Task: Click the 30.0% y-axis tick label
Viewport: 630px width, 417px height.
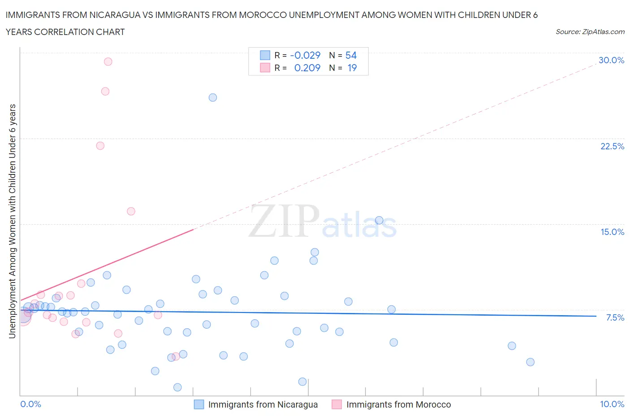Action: tap(611, 60)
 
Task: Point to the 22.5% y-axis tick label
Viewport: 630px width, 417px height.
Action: tap(612, 146)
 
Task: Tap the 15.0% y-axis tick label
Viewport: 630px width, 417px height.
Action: tap(612, 232)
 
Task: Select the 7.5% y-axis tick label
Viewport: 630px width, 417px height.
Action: tap(615, 317)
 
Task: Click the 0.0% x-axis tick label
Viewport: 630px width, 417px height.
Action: tap(30, 404)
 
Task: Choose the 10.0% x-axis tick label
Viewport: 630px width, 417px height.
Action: tap(612, 404)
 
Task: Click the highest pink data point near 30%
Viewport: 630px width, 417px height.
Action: tap(108, 61)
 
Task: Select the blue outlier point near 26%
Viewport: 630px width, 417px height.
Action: tap(213, 97)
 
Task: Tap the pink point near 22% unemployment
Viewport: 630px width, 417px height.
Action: tap(100, 146)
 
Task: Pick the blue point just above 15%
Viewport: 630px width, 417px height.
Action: tap(379, 220)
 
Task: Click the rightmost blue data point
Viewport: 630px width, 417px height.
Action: tap(531, 362)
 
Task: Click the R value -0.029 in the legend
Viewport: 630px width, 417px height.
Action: tap(305, 55)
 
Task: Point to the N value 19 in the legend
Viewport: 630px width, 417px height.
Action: tap(352, 68)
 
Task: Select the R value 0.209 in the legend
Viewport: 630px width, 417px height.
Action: tap(307, 68)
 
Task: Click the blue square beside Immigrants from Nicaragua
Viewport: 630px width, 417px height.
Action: tap(199, 404)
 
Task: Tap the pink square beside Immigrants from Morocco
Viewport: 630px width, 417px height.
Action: tap(337, 404)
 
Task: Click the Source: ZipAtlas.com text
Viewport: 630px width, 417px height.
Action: tap(590, 31)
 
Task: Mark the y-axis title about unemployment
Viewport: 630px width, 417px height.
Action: tap(13, 221)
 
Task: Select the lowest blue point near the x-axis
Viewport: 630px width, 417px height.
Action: tap(177, 387)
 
